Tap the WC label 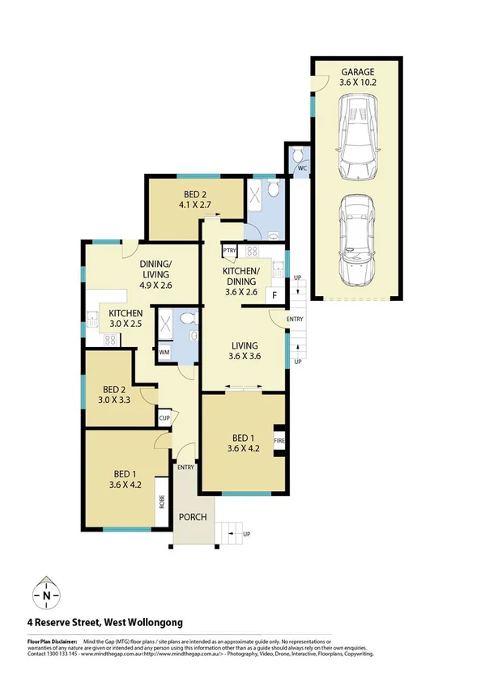coord(300,168)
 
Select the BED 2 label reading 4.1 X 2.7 coord(195,199)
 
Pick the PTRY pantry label coord(228,252)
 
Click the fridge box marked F coord(275,294)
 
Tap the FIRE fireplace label coord(279,442)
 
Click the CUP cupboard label coord(164,418)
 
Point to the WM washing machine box coord(164,353)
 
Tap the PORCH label coord(194,518)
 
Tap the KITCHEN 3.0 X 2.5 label coord(126,318)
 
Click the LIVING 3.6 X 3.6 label coord(243,349)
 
